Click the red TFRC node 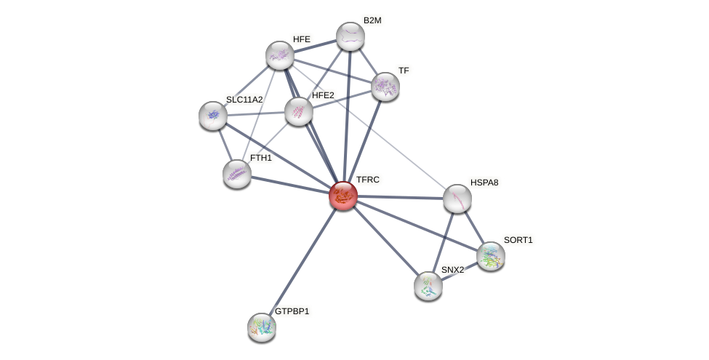tap(343, 196)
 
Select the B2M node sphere tap(350, 37)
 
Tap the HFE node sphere tap(280, 55)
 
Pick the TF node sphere tap(385, 87)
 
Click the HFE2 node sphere tap(298, 111)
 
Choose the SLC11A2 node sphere tap(213, 116)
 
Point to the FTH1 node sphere tap(237, 174)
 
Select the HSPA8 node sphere tap(457, 199)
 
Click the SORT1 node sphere tap(491, 256)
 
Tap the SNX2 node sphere tap(428, 286)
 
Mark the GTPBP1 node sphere tap(262, 327)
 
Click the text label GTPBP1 tap(292, 311)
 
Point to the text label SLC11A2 tap(244, 100)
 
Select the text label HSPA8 tap(484, 183)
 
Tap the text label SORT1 tap(518, 240)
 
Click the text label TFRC tap(367, 180)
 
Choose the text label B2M tap(372, 20)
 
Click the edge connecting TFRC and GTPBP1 tap(303, 261)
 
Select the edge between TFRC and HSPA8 tap(400, 197)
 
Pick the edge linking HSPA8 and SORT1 tap(474, 227)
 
